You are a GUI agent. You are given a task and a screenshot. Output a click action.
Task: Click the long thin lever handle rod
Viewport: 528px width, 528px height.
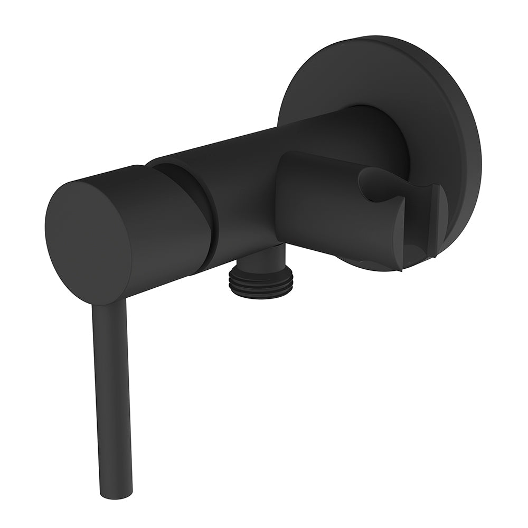pyautogui.click(x=112, y=391)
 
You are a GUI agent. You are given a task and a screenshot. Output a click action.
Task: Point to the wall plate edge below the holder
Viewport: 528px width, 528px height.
pyautogui.click(x=370, y=266)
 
